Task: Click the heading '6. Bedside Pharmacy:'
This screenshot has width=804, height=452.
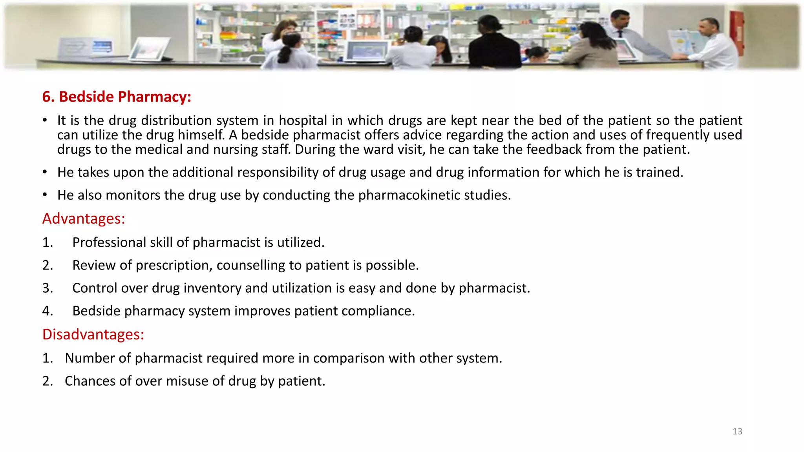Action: pyautogui.click(x=117, y=97)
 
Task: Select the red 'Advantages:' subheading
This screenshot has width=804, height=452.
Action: pyautogui.click(x=84, y=219)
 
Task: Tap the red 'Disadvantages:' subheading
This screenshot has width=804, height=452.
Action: pyautogui.click(x=93, y=334)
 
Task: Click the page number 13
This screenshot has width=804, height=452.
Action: pyautogui.click(x=737, y=431)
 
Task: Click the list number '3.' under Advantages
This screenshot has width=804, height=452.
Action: pyautogui.click(x=48, y=288)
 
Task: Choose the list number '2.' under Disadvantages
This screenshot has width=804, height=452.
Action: pyautogui.click(x=48, y=381)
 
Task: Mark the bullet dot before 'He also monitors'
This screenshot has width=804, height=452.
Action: pyautogui.click(x=45, y=195)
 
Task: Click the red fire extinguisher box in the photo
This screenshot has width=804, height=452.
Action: pyautogui.click(x=736, y=33)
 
